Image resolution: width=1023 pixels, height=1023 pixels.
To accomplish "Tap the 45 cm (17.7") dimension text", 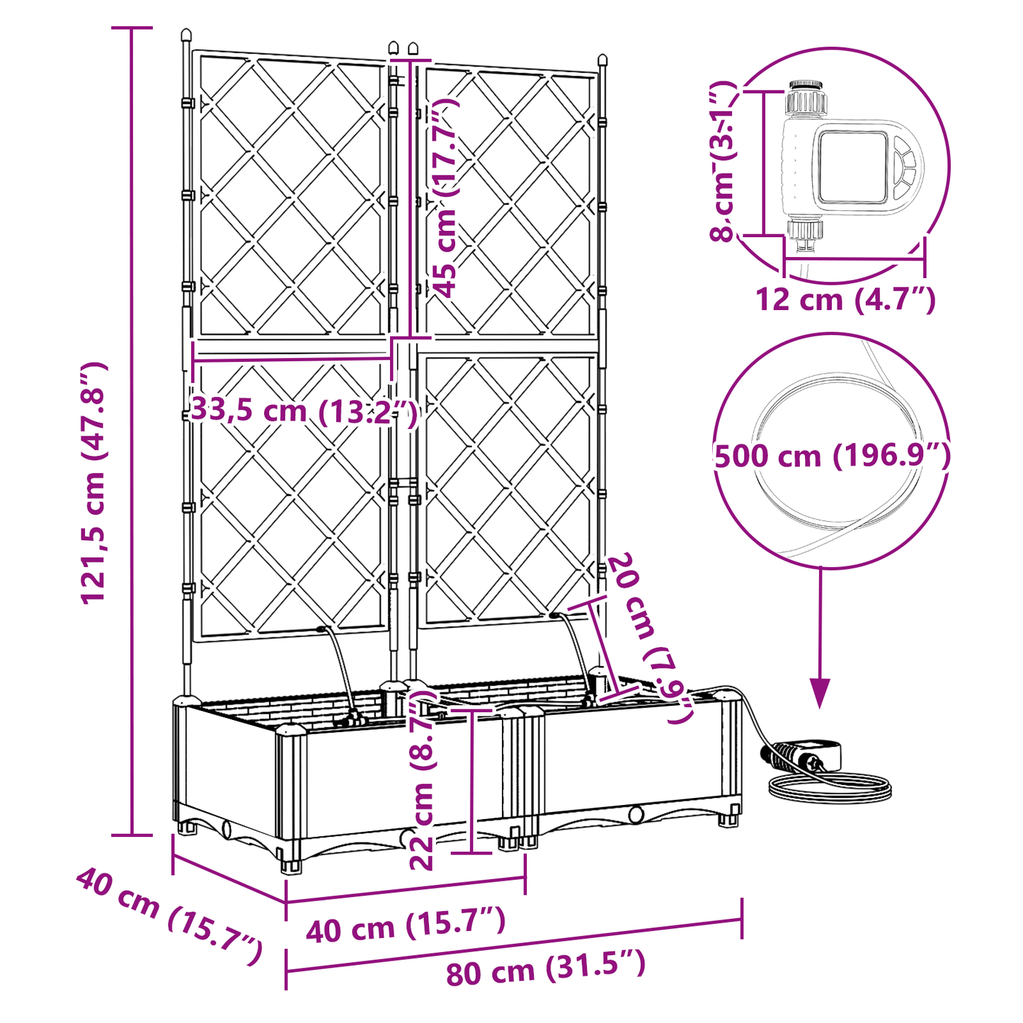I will (445, 198).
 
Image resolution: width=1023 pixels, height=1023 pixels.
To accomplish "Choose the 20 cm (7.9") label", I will (649, 637).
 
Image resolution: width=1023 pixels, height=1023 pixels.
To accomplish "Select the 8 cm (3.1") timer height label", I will (724, 161).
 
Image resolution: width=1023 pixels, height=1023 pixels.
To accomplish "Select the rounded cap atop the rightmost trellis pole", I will (602, 59).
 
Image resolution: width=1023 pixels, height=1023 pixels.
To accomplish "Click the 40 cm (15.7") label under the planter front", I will (405, 925).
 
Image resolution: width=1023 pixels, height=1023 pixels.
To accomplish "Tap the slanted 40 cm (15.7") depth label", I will (168, 915).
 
